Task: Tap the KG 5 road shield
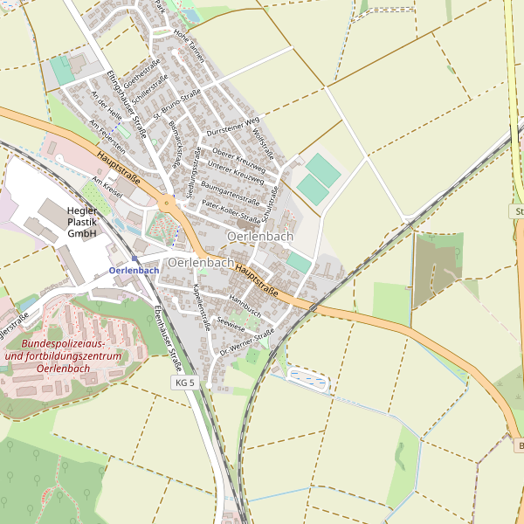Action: (x=185, y=383)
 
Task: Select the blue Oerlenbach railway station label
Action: (x=134, y=271)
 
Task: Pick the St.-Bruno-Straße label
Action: (x=176, y=104)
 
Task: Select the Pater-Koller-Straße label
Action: (x=231, y=210)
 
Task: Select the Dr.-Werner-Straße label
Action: (x=247, y=341)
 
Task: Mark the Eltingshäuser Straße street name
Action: (x=128, y=106)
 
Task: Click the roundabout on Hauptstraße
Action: (x=166, y=204)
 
